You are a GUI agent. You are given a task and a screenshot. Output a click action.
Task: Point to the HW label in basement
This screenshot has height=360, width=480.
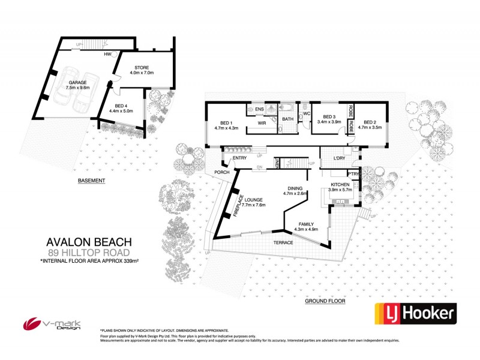[107, 55]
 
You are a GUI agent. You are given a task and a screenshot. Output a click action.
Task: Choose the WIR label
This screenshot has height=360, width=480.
[262, 122]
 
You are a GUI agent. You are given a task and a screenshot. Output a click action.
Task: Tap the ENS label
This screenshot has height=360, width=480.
[259, 109]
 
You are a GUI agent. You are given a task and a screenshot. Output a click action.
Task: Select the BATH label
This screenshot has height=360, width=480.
[287, 119]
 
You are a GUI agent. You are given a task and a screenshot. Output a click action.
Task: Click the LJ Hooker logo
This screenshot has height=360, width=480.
[415, 312]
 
